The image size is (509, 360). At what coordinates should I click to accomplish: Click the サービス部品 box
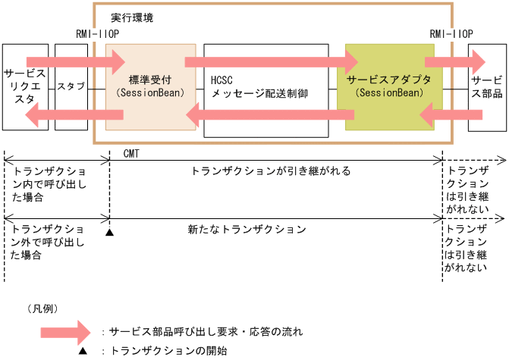click(485, 87)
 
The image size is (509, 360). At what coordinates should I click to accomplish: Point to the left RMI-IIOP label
click(98, 34)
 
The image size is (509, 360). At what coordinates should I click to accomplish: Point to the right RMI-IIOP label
click(451, 34)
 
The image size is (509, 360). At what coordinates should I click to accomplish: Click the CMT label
click(130, 152)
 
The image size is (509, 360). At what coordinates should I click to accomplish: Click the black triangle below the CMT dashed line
click(109, 232)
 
